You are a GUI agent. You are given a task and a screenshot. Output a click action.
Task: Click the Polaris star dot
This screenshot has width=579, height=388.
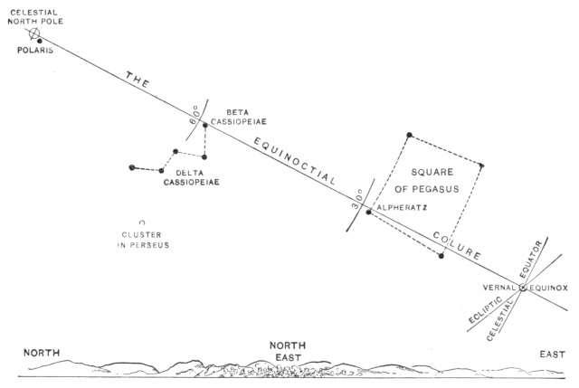[40, 40]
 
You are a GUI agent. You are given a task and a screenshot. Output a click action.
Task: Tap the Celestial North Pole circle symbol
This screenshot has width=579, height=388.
[34, 34]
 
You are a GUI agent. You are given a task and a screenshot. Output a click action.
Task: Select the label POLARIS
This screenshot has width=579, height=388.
[36, 52]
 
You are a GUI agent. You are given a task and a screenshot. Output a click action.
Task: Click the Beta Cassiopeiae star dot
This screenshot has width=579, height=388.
[205, 126]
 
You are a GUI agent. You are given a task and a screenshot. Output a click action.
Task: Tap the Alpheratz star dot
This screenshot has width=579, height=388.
[369, 212]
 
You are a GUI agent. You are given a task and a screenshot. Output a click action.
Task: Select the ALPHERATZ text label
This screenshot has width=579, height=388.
[401, 207]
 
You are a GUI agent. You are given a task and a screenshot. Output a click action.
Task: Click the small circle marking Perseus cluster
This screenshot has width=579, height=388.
[140, 222]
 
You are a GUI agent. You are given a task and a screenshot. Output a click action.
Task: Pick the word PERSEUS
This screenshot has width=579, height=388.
[147, 244]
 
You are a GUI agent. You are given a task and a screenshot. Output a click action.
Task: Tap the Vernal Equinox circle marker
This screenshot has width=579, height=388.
[523, 289]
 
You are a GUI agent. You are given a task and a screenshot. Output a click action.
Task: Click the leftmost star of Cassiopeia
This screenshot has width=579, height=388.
[132, 167]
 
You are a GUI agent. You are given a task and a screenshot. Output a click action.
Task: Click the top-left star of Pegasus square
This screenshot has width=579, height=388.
[410, 136]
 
